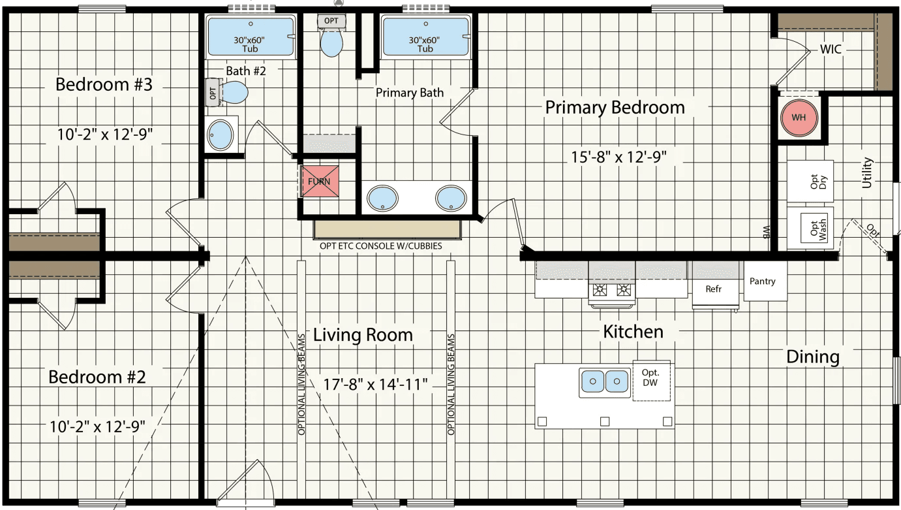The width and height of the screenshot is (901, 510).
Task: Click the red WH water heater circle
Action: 799,118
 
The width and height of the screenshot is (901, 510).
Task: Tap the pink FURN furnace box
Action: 320,181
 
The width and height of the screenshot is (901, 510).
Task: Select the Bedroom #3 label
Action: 104,85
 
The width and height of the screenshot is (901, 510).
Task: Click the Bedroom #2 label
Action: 97,377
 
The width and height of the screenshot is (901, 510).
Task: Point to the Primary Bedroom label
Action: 615,108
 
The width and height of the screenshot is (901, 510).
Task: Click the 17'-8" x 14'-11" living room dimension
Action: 376,384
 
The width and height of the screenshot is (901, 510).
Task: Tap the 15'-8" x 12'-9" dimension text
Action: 617,157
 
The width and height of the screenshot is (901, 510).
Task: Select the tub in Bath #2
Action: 251,38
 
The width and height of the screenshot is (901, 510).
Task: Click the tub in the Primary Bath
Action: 425,38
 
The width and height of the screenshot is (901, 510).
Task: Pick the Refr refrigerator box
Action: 713,288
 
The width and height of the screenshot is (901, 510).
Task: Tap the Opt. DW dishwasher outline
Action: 650,381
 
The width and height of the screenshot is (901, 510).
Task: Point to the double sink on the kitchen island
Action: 604,381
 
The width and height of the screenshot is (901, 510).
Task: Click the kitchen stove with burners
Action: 612,290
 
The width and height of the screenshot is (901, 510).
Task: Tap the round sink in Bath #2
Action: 220,135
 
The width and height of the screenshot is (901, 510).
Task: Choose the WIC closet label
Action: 831,50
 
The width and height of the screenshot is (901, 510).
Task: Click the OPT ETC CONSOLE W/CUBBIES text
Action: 381,247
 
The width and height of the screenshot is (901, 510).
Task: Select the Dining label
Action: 812,357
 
